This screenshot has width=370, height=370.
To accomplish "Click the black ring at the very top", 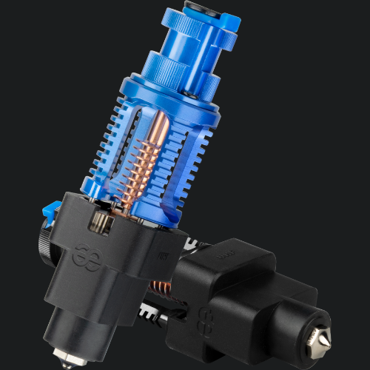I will [x=201, y=7].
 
